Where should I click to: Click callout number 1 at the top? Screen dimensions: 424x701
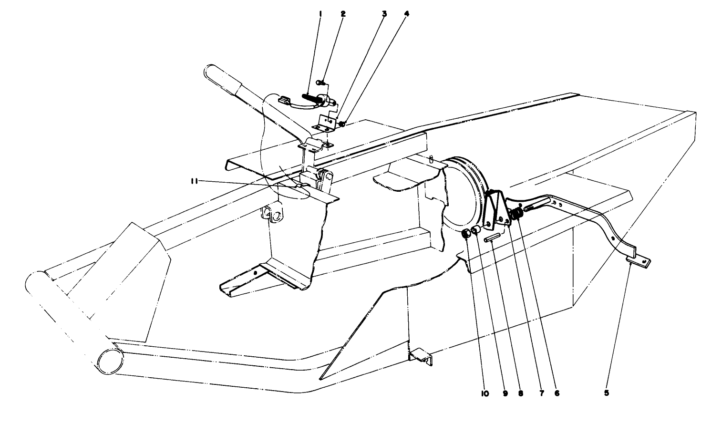coord(320,14)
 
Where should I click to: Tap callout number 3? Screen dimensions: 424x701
coord(384,14)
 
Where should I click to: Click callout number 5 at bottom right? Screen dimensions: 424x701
coord(606,393)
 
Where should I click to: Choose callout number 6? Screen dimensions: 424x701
coord(557,393)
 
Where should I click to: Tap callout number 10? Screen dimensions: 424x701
coord(485,393)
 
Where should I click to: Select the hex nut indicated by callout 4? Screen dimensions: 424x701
coord(342,124)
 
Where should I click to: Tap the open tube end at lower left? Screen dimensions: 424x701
coord(109,359)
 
